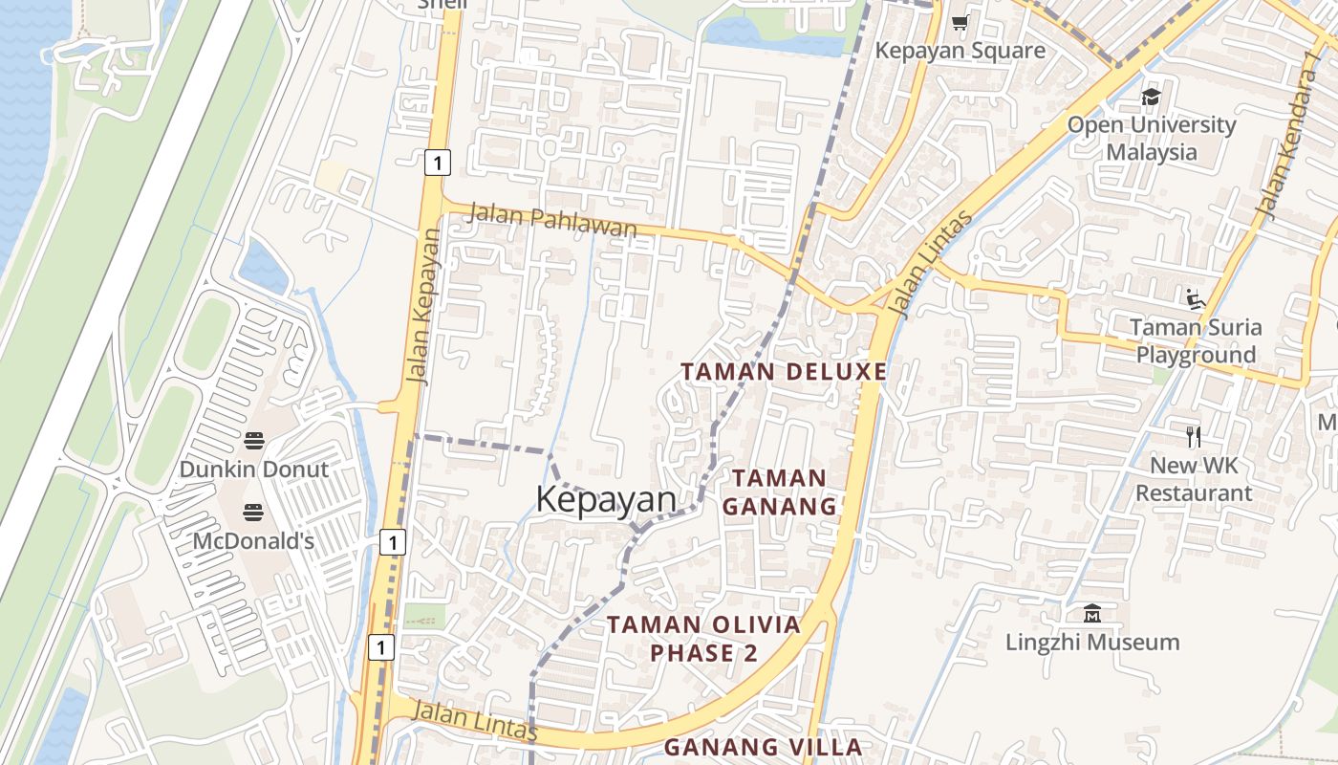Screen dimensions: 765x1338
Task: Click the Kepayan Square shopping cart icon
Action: pyautogui.click(x=960, y=23)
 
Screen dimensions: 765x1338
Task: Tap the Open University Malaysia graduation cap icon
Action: pyautogui.click(x=1151, y=97)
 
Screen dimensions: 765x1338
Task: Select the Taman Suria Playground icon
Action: pyautogui.click(x=1195, y=299)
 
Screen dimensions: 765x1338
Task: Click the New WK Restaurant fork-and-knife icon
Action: pyautogui.click(x=1193, y=437)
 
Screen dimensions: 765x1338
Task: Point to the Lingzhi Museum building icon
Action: pyautogui.click(x=1092, y=613)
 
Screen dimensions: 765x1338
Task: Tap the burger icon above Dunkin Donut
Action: pyautogui.click(x=253, y=441)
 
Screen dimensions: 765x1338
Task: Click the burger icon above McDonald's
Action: pyautogui.click(x=253, y=513)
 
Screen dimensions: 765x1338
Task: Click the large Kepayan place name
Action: pyautogui.click(x=606, y=499)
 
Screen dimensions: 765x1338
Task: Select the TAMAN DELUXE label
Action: pyautogui.click(x=784, y=371)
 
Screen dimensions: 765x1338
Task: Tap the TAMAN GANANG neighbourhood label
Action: pyautogui.click(x=779, y=492)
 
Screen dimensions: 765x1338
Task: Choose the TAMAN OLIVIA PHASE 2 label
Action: pyautogui.click(x=703, y=639)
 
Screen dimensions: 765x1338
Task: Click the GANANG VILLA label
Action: pyautogui.click(x=763, y=747)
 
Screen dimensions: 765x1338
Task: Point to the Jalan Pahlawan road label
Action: pyautogui.click(x=551, y=221)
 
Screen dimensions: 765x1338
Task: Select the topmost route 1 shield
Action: pyautogui.click(x=437, y=163)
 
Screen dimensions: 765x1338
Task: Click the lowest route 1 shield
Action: pyautogui.click(x=381, y=647)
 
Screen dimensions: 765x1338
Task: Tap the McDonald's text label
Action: pyautogui.click(x=253, y=541)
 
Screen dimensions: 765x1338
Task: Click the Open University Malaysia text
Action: pyautogui.click(x=1151, y=138)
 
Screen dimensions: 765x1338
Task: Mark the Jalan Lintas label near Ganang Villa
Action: pyautogui.click(x=475, y=719)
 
